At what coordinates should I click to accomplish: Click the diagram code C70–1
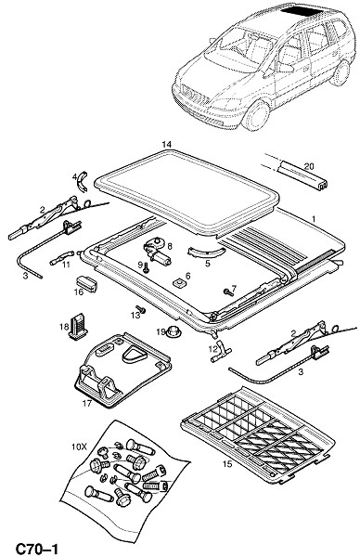click(36, 548)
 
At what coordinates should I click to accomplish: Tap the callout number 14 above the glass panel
click(166, 144)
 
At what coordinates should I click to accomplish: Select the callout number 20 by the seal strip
click(309, 166)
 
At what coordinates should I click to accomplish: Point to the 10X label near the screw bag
click(79, 447)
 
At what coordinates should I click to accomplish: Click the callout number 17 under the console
click(87, 404)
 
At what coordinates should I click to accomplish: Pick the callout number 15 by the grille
click(227, 464)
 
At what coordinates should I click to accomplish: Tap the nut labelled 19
click(174, 332)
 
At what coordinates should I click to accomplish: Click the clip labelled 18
click(79, 326)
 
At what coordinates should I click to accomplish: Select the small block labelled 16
click(86, 284)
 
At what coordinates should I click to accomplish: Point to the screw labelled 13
click(141, 309)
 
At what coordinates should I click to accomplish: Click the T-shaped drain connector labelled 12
click(220, 351)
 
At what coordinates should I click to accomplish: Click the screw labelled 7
click(228, 292)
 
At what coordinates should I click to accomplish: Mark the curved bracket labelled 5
click(206, 252)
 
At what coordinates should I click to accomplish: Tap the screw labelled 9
click(146, 269)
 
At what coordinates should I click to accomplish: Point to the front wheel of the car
click(255, 114)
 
